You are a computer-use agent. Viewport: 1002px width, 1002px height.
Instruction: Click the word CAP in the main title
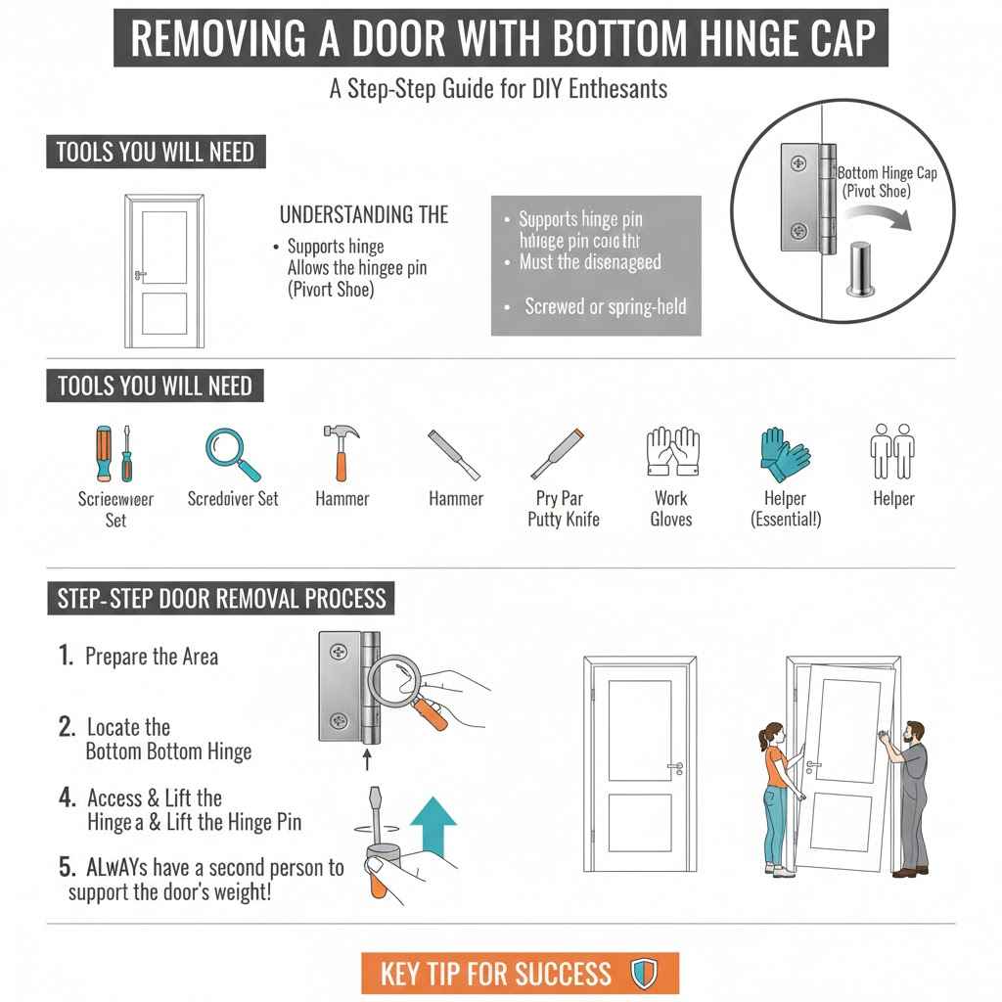click(x=831, y=39)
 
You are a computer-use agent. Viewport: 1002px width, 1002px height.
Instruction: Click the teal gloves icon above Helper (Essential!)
click(x=784, y=451)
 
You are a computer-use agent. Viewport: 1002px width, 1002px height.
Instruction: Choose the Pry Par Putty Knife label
click(x=563, y=509)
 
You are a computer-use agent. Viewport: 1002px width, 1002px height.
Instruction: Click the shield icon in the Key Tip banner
click(x=643, y=974)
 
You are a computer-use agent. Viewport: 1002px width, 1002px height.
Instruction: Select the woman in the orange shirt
click(x=778, y=797)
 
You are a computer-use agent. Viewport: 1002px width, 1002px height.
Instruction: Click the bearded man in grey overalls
click(x=908, y=797)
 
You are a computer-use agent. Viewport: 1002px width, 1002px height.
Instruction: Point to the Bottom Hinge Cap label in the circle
click(x=888, y=181)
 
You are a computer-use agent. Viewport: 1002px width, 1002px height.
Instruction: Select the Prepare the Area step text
click(x=151, y=657)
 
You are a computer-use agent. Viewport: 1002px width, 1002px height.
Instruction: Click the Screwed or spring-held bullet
click(x=605, y=306)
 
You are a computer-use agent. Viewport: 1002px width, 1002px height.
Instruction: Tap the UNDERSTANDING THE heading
click(x=364, y=214)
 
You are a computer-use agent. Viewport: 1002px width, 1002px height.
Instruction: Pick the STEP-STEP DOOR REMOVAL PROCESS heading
click(x=221, y=598)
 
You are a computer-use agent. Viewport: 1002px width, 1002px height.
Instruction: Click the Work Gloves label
click(x=671, y=509)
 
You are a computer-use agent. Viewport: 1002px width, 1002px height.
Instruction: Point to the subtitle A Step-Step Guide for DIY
click(x=498, y=89)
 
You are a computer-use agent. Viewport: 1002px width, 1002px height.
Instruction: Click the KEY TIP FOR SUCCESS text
click(x=495, y=974)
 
